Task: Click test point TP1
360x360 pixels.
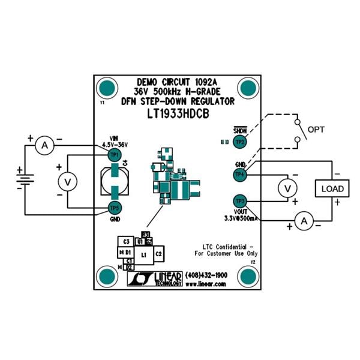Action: click(113, 155)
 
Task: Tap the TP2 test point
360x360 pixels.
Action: click(240, 142)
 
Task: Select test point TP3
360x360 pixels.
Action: click(240, 200)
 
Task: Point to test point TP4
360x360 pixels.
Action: click(240, 175)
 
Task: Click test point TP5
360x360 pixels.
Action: click(113, 208)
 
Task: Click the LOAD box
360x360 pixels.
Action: click(332, 188)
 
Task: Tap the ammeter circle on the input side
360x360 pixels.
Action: click(43, 144)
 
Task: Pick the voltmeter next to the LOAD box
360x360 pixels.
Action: click(288, 188)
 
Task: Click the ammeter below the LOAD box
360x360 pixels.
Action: click(304, 222)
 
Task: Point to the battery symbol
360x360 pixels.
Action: click(25, 179)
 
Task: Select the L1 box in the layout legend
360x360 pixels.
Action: click(143, 255)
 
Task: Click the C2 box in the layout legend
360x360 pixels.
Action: click(158, 254)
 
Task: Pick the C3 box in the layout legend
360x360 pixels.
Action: click(126, 241)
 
